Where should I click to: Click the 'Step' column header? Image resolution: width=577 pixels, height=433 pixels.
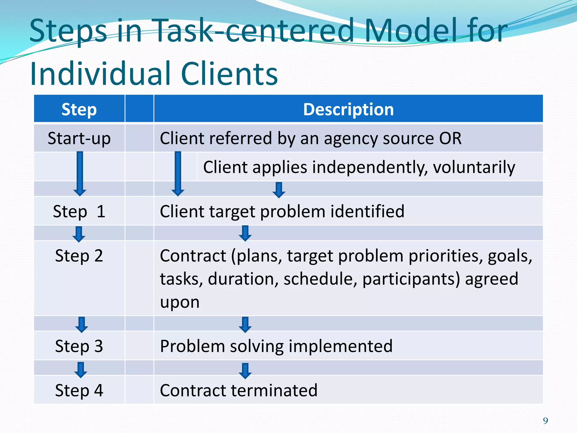pos(79,109)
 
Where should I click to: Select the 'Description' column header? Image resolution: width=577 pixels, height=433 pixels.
pos(348,109)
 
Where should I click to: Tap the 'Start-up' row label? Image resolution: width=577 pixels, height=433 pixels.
pos(79,138)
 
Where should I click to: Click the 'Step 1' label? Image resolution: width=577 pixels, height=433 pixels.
pos(79,211)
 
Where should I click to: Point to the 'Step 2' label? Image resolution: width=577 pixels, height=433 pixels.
pos(79,256)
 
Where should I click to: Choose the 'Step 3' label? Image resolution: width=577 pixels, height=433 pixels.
pos(79,346)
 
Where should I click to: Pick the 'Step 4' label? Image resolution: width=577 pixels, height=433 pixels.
pos(79,390)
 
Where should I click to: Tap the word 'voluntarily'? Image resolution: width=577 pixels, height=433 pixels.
pos(474,167)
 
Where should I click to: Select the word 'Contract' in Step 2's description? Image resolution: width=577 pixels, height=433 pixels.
pos(193,256)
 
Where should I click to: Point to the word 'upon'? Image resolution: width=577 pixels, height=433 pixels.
pos(180,302)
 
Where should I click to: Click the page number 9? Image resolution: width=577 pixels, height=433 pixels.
pos(545,421)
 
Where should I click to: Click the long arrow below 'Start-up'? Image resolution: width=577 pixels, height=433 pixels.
pos(80,173)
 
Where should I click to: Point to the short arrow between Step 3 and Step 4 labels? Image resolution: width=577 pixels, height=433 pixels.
pos(81,370)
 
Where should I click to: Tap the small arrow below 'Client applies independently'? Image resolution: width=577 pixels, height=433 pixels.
pos(279,190)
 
